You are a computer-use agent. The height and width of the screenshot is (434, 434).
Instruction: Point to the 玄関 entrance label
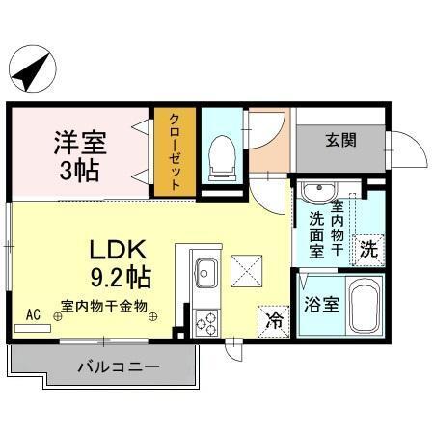(x=340, y=140)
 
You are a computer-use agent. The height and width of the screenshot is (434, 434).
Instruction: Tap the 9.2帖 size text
(x=121, y=279)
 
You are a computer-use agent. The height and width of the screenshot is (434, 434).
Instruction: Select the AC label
(x=33, y=314)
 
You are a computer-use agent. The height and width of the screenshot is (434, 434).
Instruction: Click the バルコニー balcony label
(x=107, y=367)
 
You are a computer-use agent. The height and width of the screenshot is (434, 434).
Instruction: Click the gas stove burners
(x=206, y=322)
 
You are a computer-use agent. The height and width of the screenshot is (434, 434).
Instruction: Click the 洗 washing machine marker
(x=369, y=248)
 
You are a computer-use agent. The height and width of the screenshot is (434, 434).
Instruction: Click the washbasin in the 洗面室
(x=313, y=191)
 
